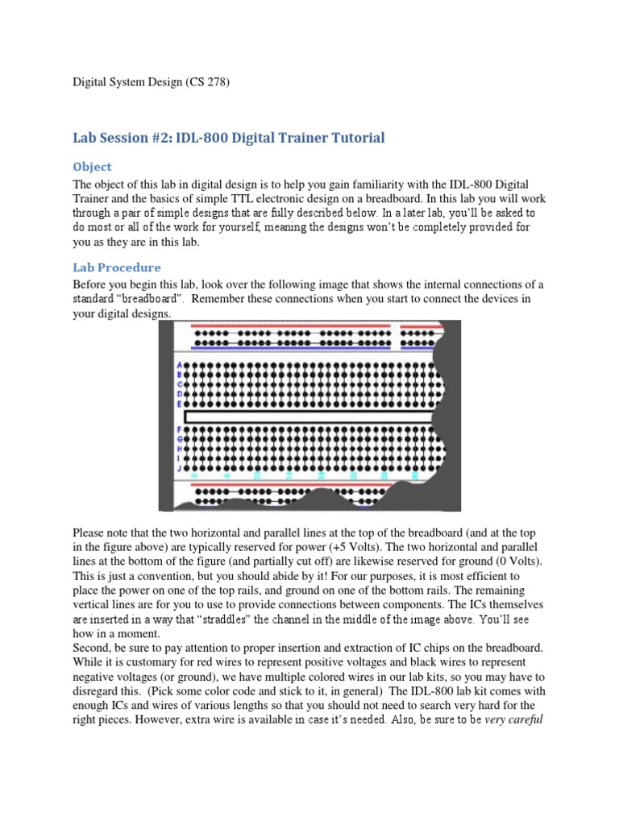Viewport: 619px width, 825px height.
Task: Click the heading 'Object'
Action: [92, 167]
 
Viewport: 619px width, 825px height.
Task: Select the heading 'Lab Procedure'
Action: [117, 267]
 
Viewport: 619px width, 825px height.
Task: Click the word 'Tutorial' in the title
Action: [354, 138]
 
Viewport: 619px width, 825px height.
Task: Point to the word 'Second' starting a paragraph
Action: [92, 648]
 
